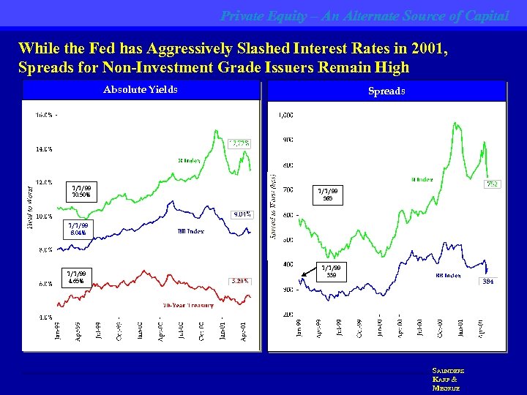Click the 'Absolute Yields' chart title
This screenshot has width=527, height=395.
click(x=141, y=90)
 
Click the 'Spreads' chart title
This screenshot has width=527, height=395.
click(x=387, y=91)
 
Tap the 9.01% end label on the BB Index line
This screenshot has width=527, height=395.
click(x=241, y=214)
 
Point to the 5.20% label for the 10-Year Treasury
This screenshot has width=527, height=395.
click(x=240, y=280)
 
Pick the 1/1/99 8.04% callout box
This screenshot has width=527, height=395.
click(x=78, y=229)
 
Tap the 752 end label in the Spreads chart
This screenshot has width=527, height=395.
click(x=493, y=184)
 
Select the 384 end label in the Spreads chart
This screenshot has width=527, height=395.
click(x=488, y=281)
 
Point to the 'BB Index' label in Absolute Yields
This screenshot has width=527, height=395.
click(x=190, y=231)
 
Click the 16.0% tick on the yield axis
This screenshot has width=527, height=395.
click(x=43, y=114)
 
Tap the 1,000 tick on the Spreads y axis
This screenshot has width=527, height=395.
click(x=285, y=115)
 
